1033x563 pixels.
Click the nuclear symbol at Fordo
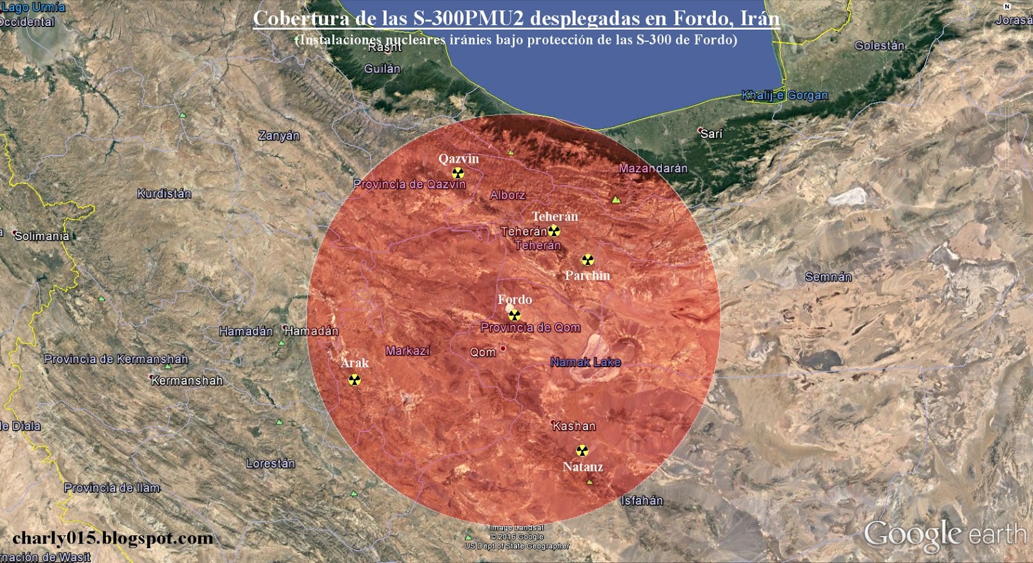point(515,315)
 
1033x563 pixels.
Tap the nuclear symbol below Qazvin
point(458,173)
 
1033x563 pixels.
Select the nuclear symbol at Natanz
point(582,451)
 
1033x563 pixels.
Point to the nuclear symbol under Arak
point(354,380)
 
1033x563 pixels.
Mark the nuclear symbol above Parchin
point(588,260)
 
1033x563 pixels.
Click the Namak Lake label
point(585,362)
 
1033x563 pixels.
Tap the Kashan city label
point(574,426)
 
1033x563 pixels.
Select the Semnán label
point(828,277)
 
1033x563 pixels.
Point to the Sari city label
point(711,134)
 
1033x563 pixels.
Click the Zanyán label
point(279,136)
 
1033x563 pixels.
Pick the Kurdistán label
point(164,194)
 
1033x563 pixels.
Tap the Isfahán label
point(642,500)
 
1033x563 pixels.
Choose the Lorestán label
point(271,464)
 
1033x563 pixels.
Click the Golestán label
point(879,46)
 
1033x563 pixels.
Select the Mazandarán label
point(653,169)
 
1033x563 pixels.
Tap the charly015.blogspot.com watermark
point(112,538)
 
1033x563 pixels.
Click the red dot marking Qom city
point(503,349)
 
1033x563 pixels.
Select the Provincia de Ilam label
point(112,487)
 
